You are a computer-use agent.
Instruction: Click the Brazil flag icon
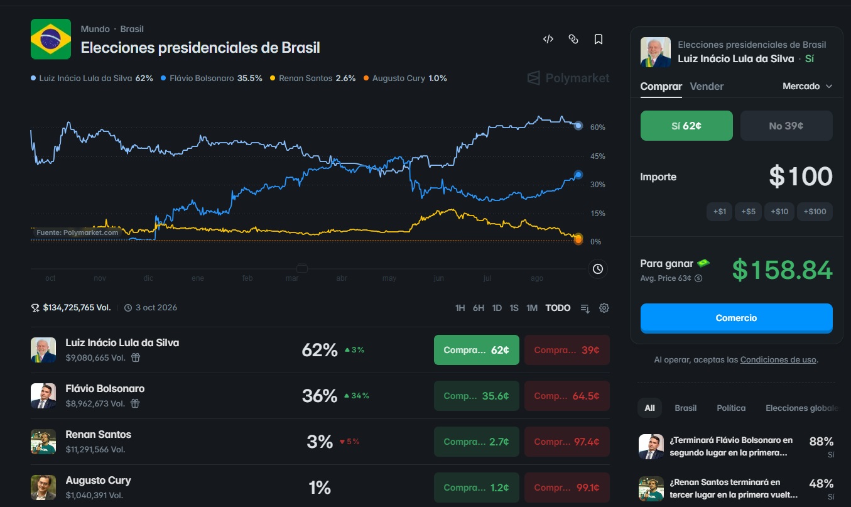point(50,39)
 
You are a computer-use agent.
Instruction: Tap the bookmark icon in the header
point(599,39)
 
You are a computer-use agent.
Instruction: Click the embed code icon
point(548,39)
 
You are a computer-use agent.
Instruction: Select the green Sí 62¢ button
point(686,126)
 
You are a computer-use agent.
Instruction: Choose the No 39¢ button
point(786,126)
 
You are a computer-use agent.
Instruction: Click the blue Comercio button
point(736,318)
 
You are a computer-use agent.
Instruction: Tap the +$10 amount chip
point(779,212)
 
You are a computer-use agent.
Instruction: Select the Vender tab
point(707,86)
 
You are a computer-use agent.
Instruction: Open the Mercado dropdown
point(807,86)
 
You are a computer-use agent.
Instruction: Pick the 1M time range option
point(532,308)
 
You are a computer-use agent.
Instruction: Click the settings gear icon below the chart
point(604,308)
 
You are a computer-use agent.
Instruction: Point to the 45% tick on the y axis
point(598,156)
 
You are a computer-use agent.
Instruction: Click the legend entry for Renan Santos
point(313,79)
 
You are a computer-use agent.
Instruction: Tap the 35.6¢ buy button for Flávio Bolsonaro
point(477,396)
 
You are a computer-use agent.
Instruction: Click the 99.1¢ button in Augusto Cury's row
point(567,488)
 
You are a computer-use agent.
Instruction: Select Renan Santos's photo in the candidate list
point(43,442)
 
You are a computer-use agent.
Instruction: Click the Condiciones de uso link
point(778,359)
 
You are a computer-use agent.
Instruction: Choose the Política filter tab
point(731,408)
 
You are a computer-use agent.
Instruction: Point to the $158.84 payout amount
point(783,270)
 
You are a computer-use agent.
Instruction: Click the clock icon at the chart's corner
point(598,269)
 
